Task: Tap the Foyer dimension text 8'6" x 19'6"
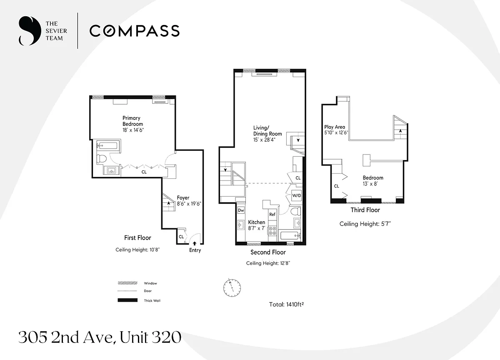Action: [189, 204]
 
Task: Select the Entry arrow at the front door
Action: [195, 243]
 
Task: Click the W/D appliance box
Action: [297, 195]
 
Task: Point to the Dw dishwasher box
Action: [241, 210]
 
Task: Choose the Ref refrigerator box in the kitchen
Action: [272, 215]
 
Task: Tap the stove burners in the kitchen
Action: [272, 231]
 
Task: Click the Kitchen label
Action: [257, 222]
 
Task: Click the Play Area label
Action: [335, 127]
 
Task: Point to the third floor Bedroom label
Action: [373, 178]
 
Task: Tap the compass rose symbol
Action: [232, 287]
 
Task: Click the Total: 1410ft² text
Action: [286, 305]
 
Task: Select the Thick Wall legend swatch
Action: [127, 300]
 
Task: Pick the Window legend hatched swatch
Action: [127, 283]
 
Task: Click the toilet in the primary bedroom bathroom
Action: [102, 159]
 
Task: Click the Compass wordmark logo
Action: [135, 30]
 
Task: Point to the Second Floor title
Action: [268, 252]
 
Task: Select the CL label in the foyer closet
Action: [181, 237]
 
